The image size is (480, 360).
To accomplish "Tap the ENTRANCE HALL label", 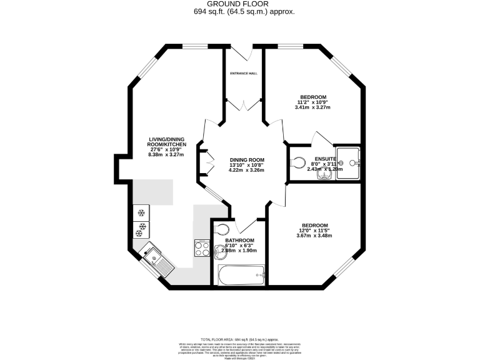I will [244, 73].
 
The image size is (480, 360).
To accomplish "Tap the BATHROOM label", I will [239, 241].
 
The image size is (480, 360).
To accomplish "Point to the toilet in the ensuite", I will [298, 162].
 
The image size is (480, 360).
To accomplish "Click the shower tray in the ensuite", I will [348, 162].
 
